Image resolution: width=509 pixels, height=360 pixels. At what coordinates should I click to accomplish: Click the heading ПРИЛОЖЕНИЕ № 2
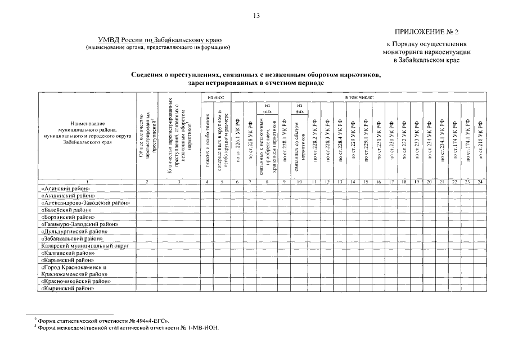coord(427,33)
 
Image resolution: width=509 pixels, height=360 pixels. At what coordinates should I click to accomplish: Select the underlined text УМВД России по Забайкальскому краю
coord(160,40)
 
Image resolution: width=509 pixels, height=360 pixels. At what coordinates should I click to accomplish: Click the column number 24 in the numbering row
coord(480,181)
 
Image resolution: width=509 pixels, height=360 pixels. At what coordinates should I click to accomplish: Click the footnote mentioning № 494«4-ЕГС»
coord(103,321)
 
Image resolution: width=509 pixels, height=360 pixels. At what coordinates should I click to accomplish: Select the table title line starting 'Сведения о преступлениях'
coord(256,75)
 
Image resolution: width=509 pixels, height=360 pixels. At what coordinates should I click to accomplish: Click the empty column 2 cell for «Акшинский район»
coord(147,195)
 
